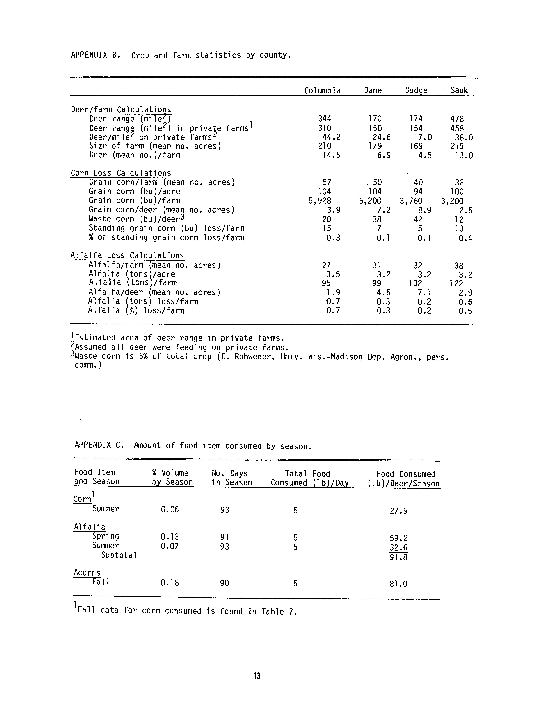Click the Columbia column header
tap(322, 91)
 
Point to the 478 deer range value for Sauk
tap(457, 119)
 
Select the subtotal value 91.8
tap(398, 557)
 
